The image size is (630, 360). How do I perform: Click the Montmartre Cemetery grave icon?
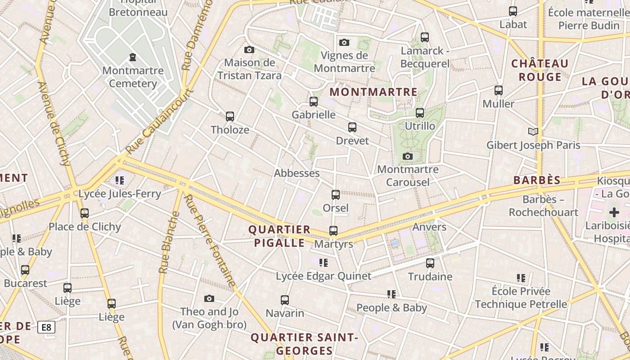pyautogui.click(x=133, y=57)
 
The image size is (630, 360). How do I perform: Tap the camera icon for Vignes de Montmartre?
pyautogui.click(x=344, y=42)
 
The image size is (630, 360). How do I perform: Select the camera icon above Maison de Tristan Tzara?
pyautogui.click(x=249, y=49)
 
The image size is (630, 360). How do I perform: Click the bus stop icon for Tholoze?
pyautogui.click(x=230, y=117)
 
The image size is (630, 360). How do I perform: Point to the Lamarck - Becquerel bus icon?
pyautogui.click(x=425, y=37)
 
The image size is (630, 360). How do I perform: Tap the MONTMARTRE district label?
pyautogui.click(x=373, y=92)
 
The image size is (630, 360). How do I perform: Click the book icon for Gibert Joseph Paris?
pyautogui.click(x=533, y=131)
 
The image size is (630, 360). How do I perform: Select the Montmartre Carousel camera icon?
pyautogui.click(x=408, y=156)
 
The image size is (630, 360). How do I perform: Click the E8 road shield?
pyautogui.click(x=46, y=327)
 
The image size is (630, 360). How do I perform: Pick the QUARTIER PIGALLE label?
pyautogui.click(x=279, y=236)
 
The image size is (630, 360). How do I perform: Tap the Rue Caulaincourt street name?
pyautogui.click(x=160, y=121)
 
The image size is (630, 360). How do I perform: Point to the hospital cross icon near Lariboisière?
pyautogui.click(x=614, y=212)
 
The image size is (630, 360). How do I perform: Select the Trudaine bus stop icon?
pyautogui.click(x=430, y=263)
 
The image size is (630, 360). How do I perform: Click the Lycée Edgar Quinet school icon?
pyautogui.click(x=324, y=262)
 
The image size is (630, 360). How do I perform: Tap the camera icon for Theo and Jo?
pyautogui.click(x=209, y=298)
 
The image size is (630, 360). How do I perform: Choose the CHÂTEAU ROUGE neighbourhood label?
pyautogui.click(x=540, y=70)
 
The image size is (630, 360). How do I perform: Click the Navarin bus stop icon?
pyautogui.click(x=285, y=300)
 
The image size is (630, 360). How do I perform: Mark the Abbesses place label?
pyautogui.click(x=297, y=173)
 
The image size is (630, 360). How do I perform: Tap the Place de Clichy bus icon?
pyautogui.click(x=85, y=213)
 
